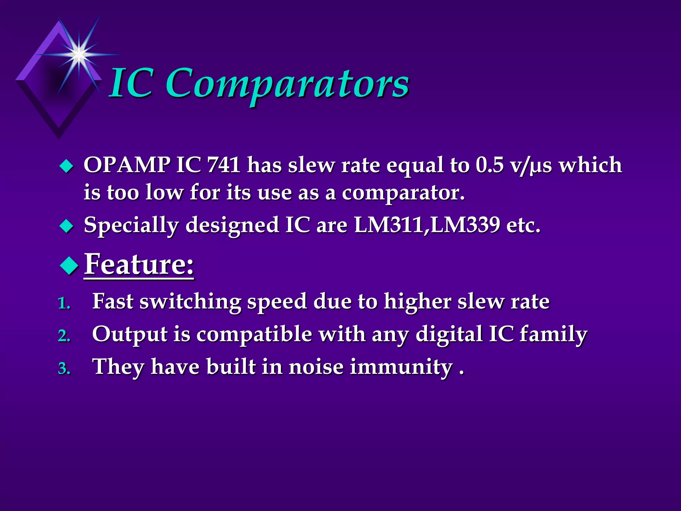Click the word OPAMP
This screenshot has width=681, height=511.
(x=127, y=165)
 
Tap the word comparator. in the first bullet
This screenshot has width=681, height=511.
(x=403, y=193)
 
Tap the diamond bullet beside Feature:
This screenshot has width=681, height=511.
(x=69, y=265)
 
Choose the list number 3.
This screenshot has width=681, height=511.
(x=64, y=369)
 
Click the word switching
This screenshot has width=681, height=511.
(x=190, y=302)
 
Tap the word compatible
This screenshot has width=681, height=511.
(x=254, y=334)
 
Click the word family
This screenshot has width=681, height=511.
(x=553, y=334)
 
